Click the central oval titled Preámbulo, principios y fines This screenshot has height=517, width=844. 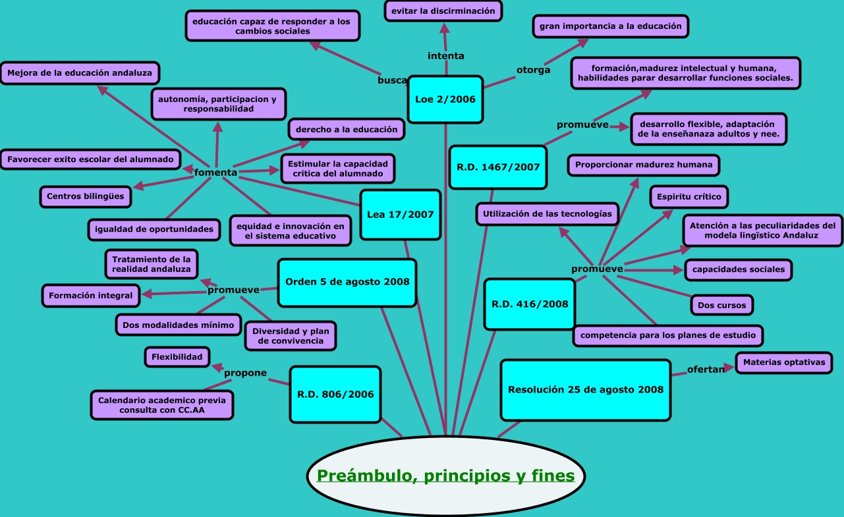pos(445,475)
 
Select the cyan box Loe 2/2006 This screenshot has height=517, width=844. pos(445,99)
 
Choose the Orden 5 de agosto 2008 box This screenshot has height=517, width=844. pos(347,282)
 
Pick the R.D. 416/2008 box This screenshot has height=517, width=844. pos(530,304)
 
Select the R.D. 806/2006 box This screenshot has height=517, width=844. pos(335,395)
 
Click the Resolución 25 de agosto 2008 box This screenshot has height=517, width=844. pos(585,389)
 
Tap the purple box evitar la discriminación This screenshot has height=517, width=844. pos(443,11)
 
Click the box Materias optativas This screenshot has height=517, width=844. pos(783,362)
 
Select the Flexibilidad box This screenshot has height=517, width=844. pos(177,357)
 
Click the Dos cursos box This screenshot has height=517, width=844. pos(722,305)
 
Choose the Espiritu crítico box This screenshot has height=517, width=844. pos(689,196)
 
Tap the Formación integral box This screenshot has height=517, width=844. pos(90,296)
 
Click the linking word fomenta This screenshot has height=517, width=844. pos(215,173)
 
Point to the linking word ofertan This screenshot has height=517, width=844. pos(705,369)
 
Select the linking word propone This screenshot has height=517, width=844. pos(245,373)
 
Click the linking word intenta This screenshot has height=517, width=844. pos(445,56)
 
